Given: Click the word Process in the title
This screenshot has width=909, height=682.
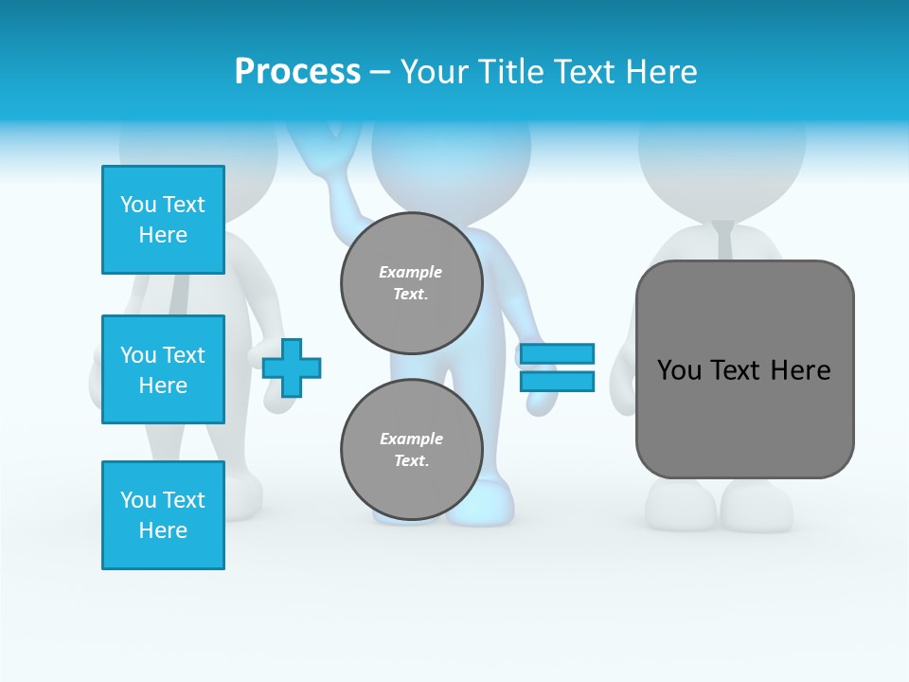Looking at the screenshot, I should point(297,72).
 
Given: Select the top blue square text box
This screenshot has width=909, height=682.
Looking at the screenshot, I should point(163,220).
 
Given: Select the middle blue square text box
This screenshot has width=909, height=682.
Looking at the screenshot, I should point(163,369).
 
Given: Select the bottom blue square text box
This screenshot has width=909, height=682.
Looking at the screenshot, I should point(163,515).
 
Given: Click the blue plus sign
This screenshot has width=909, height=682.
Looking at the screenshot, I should point(292,368).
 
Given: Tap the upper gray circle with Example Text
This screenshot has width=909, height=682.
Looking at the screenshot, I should point(412,283).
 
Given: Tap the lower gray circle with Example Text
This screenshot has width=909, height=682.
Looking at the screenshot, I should point(412,450).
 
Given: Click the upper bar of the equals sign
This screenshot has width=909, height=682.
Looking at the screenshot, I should point(557,353).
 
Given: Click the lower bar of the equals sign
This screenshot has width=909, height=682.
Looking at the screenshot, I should point(557,382).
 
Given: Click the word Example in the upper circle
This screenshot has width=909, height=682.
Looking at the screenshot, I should point(411,272).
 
